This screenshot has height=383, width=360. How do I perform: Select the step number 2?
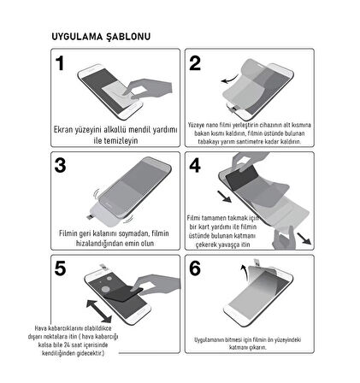click(x=195, y=64)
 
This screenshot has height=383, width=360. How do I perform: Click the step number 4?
click(x=195, y=166)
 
